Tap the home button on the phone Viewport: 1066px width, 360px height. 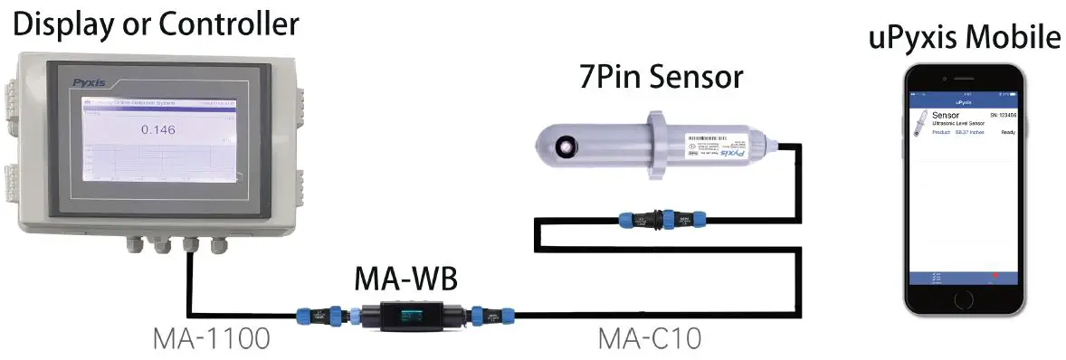969,299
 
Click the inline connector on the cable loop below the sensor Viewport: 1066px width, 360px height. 661,219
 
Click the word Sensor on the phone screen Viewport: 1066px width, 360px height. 945,116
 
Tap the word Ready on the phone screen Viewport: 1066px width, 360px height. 1008,132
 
